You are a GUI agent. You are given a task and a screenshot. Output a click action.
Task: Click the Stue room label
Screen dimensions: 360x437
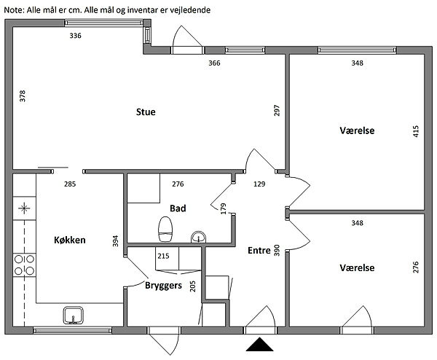click(x=146, y=112)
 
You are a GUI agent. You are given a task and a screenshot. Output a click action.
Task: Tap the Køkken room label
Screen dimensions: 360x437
click(x=71, y=240)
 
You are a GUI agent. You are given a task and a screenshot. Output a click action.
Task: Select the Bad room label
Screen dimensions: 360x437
click(x=178, y=208)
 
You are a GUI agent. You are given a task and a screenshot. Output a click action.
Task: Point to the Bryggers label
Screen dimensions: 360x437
click(x=163, y=285)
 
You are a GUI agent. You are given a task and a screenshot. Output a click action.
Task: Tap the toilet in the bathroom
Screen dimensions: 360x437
click(x=165, y=230)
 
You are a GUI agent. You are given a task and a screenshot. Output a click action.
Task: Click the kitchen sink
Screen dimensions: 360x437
click(x=73, y=315)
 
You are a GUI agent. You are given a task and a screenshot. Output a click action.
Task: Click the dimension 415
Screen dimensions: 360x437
click(x=416, y=131)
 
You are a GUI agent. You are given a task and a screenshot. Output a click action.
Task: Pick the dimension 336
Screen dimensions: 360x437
click(x=74, y=36)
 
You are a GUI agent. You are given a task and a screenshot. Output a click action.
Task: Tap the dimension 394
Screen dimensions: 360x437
click(x=115, y=240)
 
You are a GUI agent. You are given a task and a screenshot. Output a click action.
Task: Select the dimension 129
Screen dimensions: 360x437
click(x=259, y=184)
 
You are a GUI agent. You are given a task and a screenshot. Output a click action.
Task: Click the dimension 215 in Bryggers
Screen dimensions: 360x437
click(x=163, y=257)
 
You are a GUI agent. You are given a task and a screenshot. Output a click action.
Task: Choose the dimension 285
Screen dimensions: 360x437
click(x=70, y=184)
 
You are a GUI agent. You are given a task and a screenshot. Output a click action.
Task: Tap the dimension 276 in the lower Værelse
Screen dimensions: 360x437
click(x=416, y=266)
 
